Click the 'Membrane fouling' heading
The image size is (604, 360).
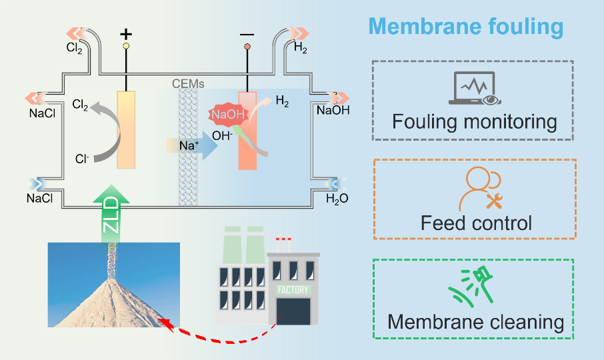(466, 27)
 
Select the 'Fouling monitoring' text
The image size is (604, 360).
(474, 122)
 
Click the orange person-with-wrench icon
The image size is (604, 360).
(475, 189)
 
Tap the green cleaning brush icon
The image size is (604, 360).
(475, 287)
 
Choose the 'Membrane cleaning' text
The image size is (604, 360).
(475, 322)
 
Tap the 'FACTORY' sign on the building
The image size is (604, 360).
(293, 291)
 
